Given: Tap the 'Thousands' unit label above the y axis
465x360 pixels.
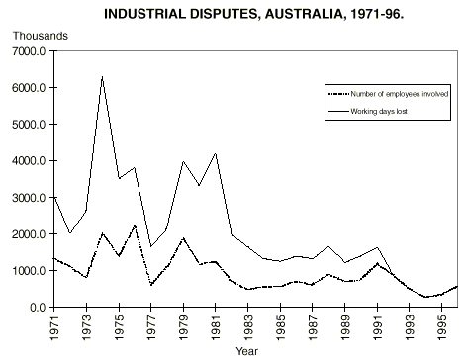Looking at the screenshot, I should click(x=39, y=36).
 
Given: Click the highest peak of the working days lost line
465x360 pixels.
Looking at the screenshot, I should click(x=101, y=77).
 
